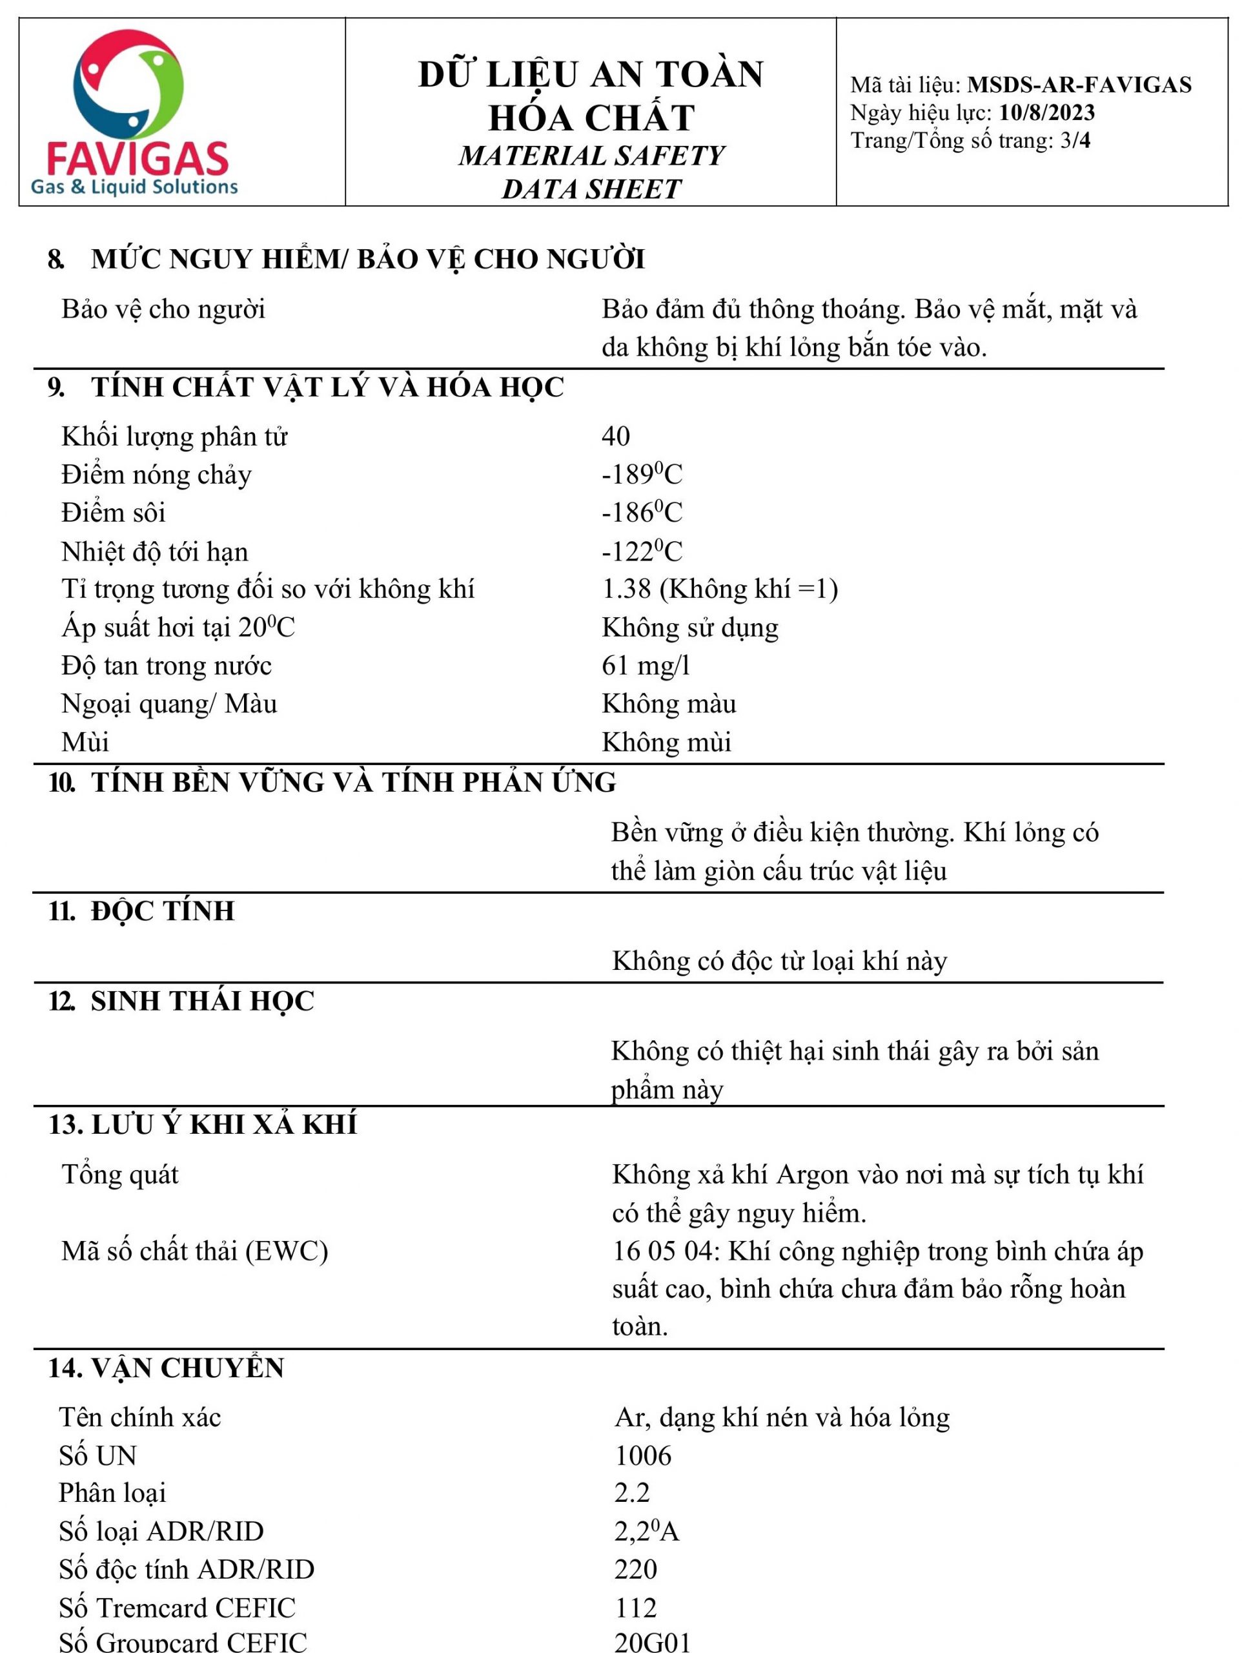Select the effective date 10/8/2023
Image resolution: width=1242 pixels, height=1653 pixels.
(x=1046, y=113)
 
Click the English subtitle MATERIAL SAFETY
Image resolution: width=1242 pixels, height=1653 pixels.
(x=591, y=156)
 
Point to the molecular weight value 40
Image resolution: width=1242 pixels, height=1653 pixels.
(x=615, y=436)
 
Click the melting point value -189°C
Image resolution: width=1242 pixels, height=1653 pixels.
(x=641, y=475)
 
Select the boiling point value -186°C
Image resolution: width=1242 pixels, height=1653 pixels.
(x=641, y=513)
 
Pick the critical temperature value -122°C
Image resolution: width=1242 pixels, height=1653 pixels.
(x=641, y=551)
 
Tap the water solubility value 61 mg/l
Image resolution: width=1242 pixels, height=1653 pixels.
(x=646, y=665)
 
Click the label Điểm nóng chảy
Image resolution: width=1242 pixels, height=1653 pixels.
(x=156, y=475)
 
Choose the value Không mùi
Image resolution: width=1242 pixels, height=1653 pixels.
(x=666, y=742)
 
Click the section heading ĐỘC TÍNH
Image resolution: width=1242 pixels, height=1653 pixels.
(x=162, y=911)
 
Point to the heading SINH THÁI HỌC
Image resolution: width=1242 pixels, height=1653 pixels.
(x=202, y=1001)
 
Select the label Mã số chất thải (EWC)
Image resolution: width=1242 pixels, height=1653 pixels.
(x=194, y=1251)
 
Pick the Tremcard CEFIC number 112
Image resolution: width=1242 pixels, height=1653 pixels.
(x=635, y=1607)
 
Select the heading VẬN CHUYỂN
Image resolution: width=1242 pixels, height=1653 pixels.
(x=187, y=1368)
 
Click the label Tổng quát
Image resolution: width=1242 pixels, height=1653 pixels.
(x=119, y=1175)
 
